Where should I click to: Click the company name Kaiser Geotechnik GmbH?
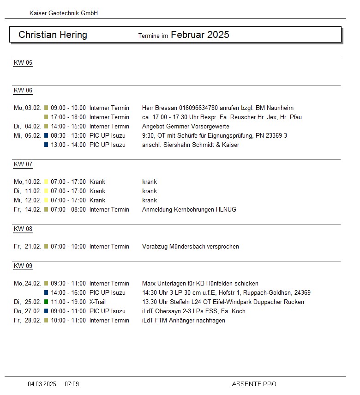coord(64,13)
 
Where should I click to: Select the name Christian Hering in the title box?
coord(53,35)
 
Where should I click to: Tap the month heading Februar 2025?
coord(200,35)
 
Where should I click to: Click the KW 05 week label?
coord(23,63)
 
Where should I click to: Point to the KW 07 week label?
coord(23,164)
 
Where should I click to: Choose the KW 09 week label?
coord(23,266)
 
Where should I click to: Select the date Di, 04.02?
coord(27,127)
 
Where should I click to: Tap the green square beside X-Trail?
coord(46,302)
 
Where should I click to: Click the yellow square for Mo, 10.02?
coord(46,182)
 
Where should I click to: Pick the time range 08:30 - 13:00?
coord(68,136)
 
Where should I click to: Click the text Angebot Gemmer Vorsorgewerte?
coord(186,127)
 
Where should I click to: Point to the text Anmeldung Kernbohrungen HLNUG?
coord(189,210)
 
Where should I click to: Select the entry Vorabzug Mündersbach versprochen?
coord(191,247)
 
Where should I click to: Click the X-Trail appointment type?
coord(99,302)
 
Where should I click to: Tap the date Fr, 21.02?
coord(27,247)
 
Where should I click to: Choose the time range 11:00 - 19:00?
coord(68,302)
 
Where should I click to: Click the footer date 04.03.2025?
coord(42,384)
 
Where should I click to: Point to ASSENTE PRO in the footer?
coord(254,384)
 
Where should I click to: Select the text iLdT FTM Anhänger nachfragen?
coord(184,321)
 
